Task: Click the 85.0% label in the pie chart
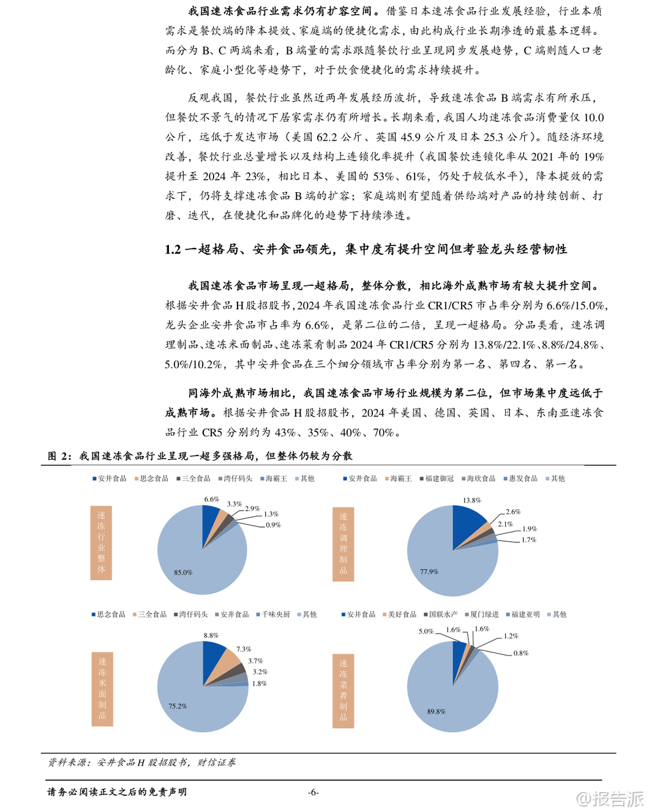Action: (x=183, y=572)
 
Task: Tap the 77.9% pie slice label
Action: (x=429, y=571)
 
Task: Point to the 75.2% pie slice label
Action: (x=178, y=706)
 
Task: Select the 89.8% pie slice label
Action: (x=436, y=711)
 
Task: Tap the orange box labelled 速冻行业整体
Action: (x=101, y=542)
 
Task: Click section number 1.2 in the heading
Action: (x=173, y=249)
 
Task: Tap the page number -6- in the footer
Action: (x=313, y=792)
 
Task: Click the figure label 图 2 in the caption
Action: (x=59, y=456)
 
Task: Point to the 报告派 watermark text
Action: (x=618, y=798)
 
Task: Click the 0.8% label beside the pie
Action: (x=521, y=653)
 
